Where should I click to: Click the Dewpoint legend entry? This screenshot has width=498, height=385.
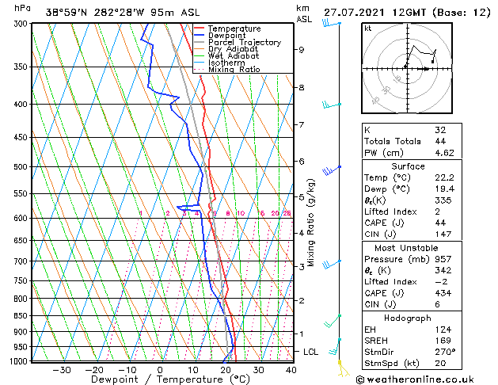click(x=226, y=36)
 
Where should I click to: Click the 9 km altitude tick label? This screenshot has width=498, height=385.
click(x=301, y=50)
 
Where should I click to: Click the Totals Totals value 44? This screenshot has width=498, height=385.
click(x=441, y=141)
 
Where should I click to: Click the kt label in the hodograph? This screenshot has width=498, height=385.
click(x=367, y=28)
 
